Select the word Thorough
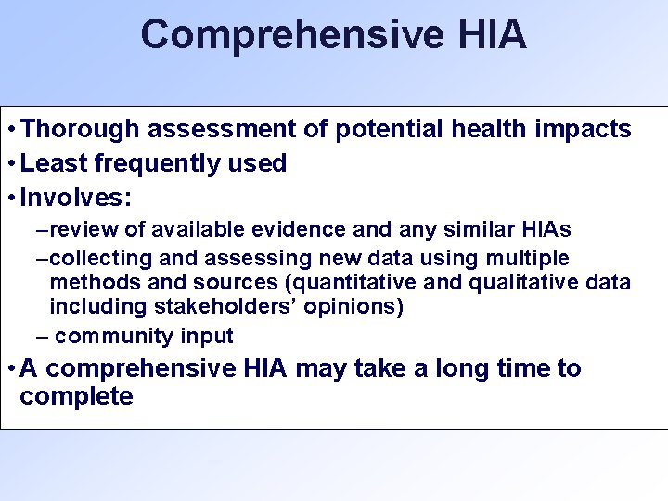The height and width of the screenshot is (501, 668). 79,129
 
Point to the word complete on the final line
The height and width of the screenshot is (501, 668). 76,397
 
